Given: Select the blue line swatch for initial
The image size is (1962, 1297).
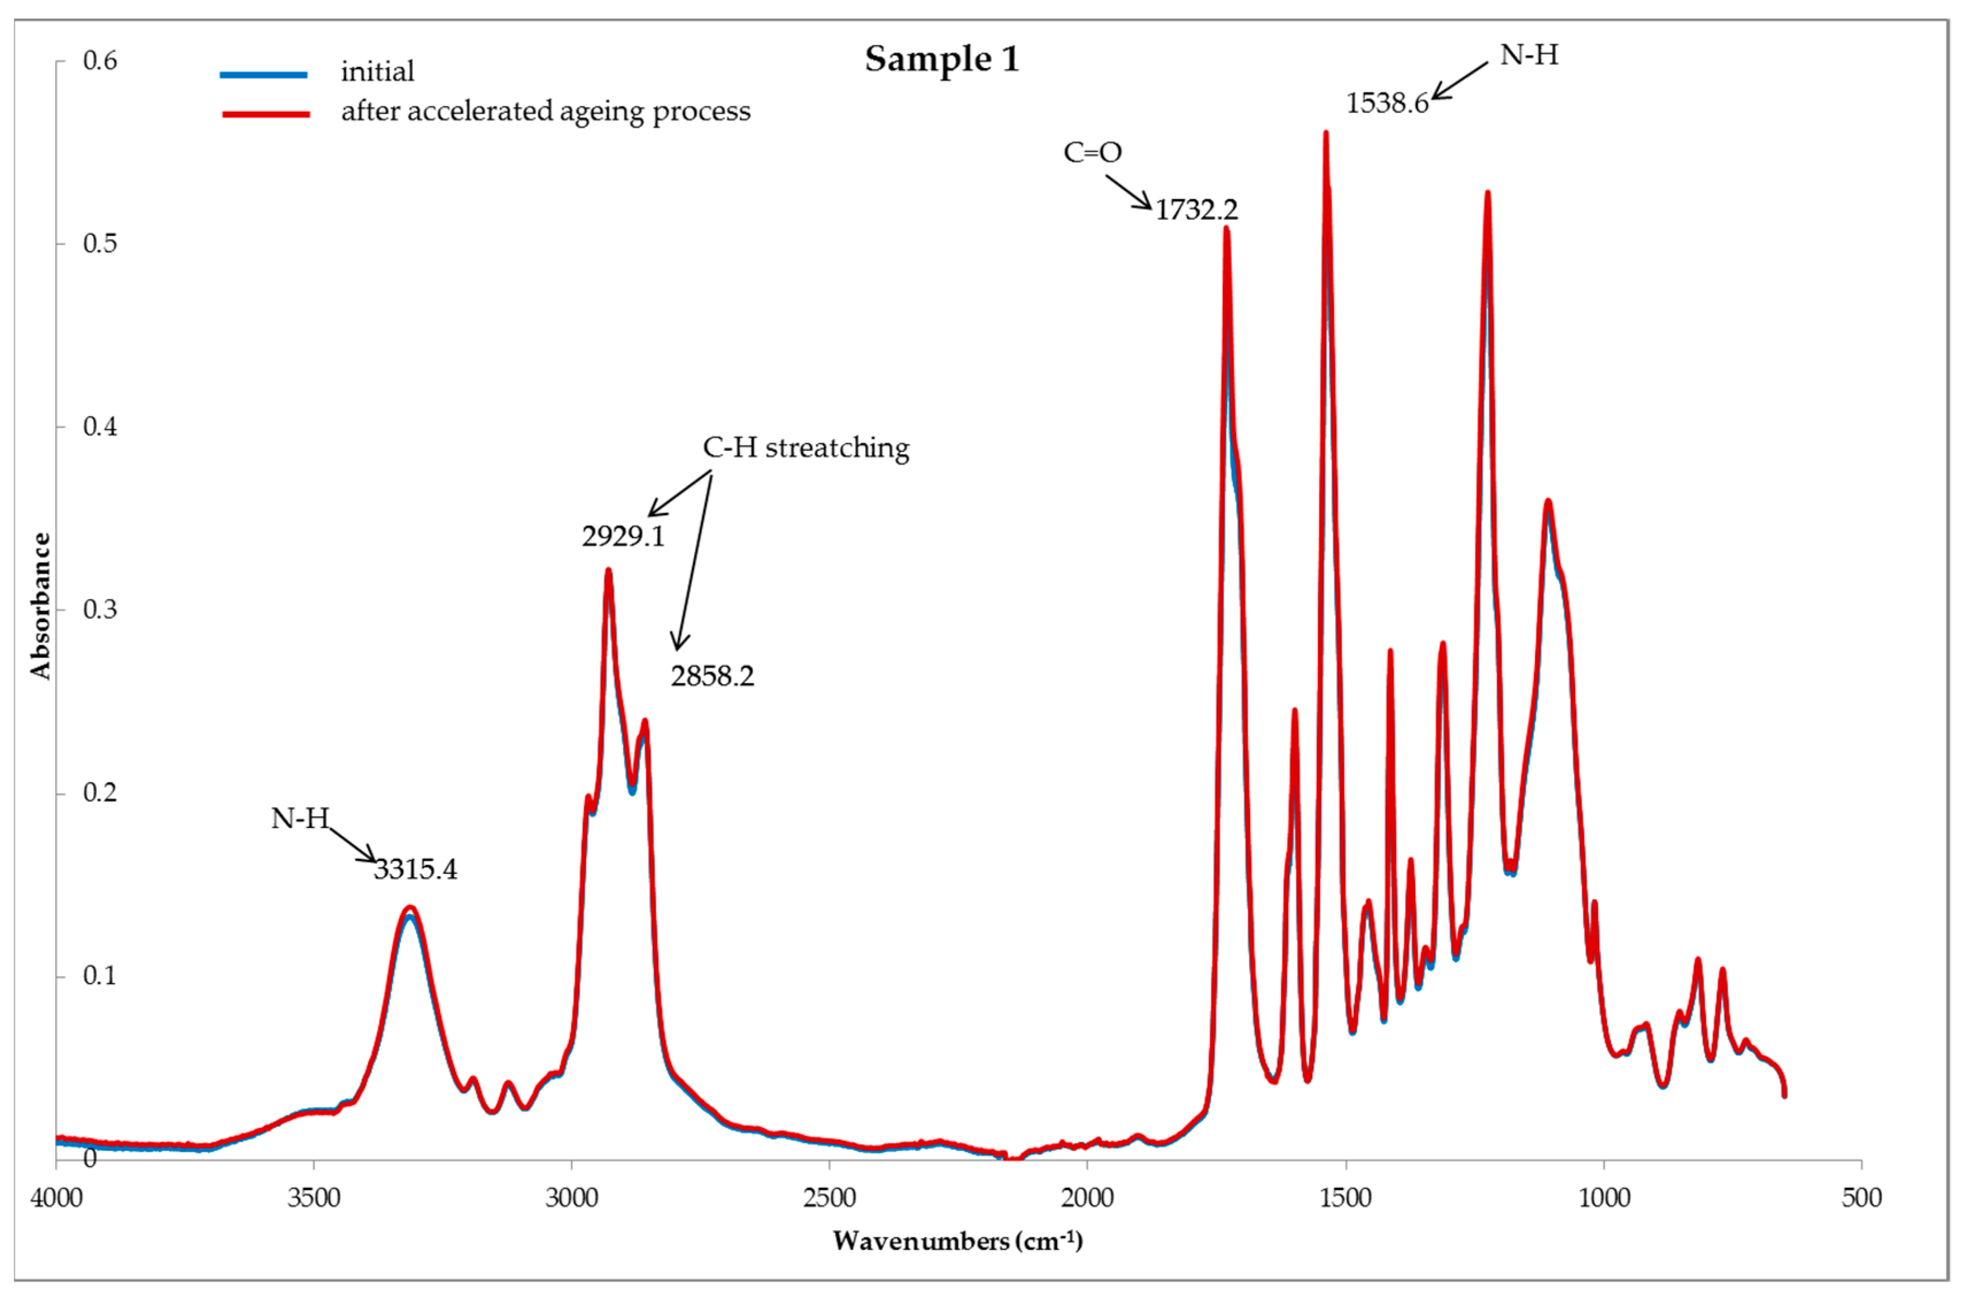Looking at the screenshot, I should [x=263, y=75].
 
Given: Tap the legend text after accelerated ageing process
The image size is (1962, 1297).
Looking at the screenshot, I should [x=545, y=111].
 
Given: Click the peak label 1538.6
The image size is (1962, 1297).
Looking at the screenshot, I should [x=1387, y=103].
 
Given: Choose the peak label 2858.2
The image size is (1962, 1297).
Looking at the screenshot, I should [x=712, y=676].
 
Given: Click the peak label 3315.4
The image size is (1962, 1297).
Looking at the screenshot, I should [x=415, y=869].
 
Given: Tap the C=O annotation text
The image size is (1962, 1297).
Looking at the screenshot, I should [x=1092, y=152].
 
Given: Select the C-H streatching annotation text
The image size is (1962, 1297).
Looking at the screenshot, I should [x=805, y=447].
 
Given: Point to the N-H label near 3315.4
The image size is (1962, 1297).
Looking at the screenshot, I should [x=300, y=819].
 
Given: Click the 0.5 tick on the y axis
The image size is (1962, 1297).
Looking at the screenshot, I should [x=99, y=243].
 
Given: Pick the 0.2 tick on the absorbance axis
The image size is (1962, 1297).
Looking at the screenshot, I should [x=99, y=792].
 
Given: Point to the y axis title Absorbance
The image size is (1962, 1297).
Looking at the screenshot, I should [x=40, y=606].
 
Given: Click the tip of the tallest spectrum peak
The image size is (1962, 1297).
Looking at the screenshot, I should [x=1325, y=133].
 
